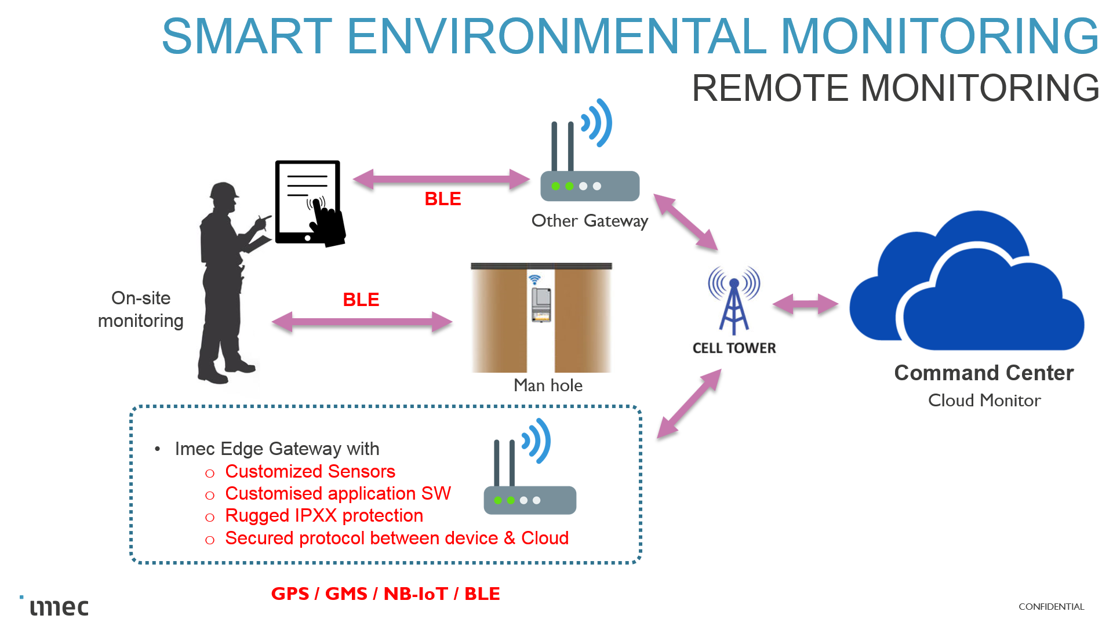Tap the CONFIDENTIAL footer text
click(x=1051, y=606)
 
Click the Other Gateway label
click(x=590, y=221)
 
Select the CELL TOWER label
click(x=734, y=348)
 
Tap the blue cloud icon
click(x=967, y=284)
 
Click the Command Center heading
click(x=984, y=373)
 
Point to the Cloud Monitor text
click(x=984, y=401)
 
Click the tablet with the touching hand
click(x=308, y=203)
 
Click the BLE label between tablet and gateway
click(x=442, y=199)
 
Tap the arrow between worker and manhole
click(x=362, y=322)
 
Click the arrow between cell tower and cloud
click(x=805, y=304)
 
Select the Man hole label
click(x=548, y=385)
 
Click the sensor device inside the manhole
click(x=541, y=304)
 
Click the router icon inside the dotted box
click(x=529, y=475)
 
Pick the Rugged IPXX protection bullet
click(x=323, y=515)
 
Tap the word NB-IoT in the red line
click(x=416, y=594)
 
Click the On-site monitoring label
click(x=141, y=310)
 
